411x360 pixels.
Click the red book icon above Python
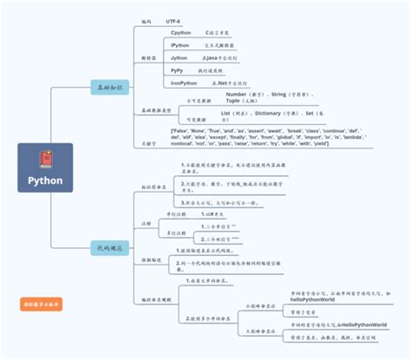point(45,160)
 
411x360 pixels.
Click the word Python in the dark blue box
point(45,181)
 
